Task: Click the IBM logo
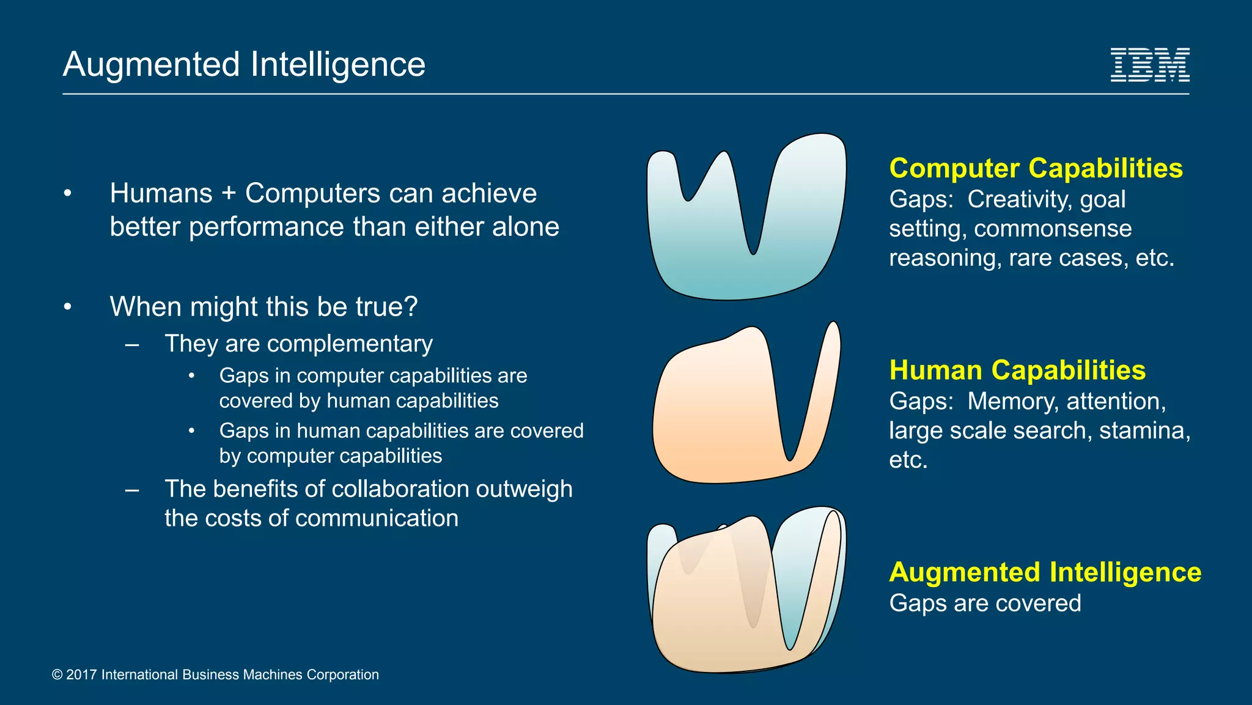[x=1149, y=65]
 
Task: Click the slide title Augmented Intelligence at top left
[x=244, y=64]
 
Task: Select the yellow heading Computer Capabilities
[x=1036, y=168]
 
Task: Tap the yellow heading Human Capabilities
[x=1017, y=370]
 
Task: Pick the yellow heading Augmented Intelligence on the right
[x=1045, y=572]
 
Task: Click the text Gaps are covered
[x=985, y=603]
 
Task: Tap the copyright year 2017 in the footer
[x=81, y=674]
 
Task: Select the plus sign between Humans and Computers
[x=229, y=194]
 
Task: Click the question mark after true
[x=411, y=306]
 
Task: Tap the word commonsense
[x=1053, y=229]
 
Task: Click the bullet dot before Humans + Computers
[x=68, y=194]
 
